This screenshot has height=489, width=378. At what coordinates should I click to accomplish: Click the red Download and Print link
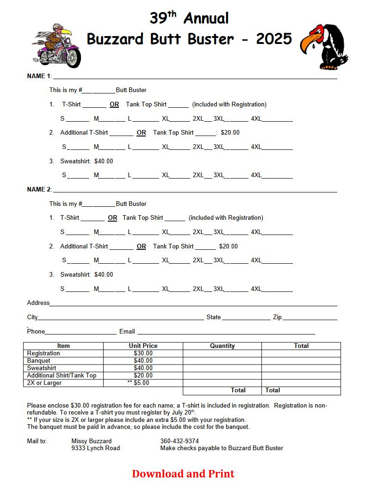pos(183,474)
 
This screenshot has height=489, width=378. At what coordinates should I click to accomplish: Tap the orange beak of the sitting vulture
pos(308,45)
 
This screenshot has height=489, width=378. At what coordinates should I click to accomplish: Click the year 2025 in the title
pos(273,39)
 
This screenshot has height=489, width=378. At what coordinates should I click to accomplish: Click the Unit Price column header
pos(143,346)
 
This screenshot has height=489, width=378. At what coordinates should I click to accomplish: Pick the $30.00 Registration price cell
pos(143,353)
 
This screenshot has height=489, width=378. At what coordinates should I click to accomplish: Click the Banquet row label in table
pos(39,360)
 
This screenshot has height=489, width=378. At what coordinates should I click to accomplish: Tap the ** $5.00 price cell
pos(139,383)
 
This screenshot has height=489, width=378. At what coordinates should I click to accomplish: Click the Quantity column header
pos(222,346)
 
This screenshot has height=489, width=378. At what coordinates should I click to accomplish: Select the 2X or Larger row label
pos(44,383)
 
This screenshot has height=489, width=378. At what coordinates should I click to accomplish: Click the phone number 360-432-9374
pos(180,441)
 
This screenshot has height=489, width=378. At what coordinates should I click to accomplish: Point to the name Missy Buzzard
pos(92,441)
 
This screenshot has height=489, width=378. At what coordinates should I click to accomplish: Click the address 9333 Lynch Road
pos(95,448)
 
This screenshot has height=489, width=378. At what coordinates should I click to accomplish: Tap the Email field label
pos(127,331)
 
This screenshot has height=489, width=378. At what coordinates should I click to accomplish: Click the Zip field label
pos(277,317)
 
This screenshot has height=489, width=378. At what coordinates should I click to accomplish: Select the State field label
pos(214,317)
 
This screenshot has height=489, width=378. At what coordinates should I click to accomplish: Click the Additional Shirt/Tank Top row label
pos(62,375)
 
